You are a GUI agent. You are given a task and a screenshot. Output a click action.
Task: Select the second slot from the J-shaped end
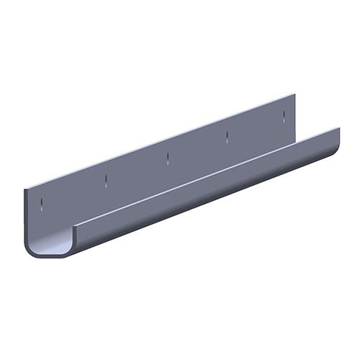tap(105, 179)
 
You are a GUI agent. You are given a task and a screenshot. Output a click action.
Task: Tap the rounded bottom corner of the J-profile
tap(36, 251)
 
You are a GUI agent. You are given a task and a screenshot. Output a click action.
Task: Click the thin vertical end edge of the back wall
tap(26, 216)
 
